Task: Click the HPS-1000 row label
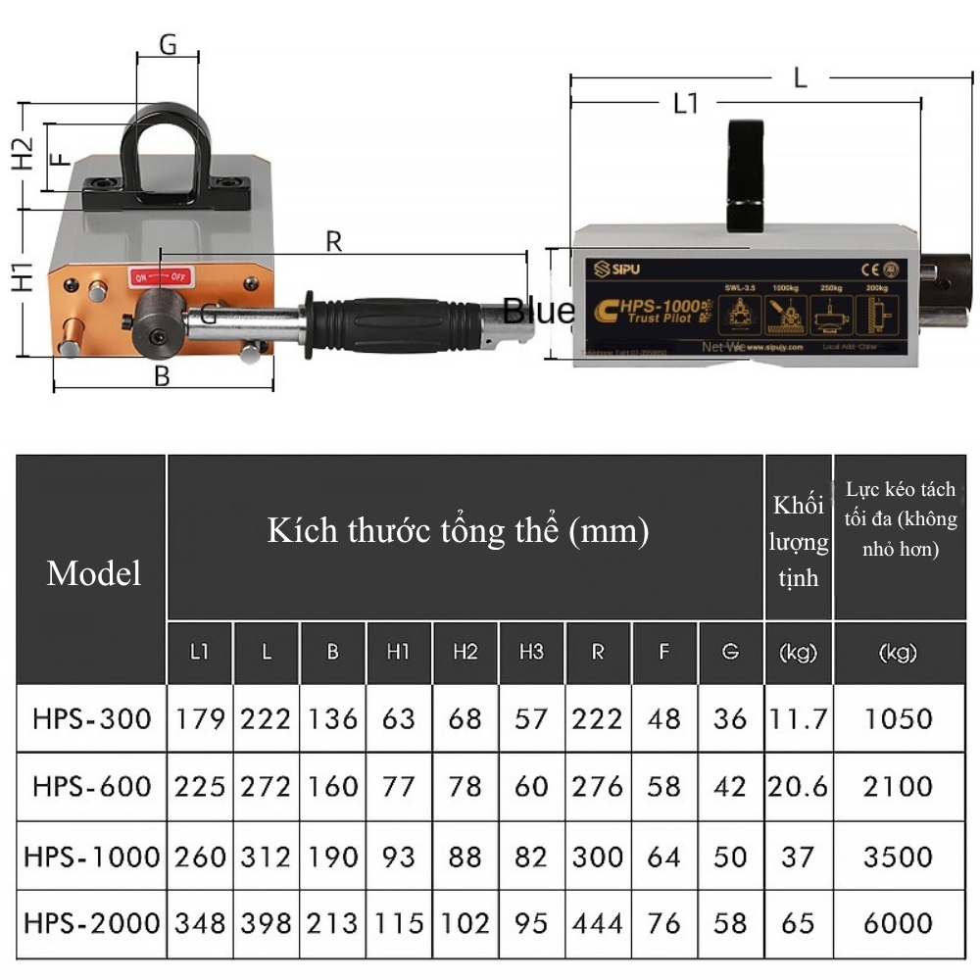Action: point(91,857)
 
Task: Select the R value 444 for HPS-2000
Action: point(598,923)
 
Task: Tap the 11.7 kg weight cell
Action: point(797,719)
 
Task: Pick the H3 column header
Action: point(531,653)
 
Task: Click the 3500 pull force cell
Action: point(898,857)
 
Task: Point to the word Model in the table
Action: point(93,573)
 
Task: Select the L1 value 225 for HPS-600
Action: point(200,787)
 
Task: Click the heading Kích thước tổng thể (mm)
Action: point(459,531)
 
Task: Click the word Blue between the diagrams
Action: point(539,311)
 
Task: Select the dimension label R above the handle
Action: point(334,241)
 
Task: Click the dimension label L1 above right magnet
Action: point(686,102)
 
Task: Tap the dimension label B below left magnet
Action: point(163,375)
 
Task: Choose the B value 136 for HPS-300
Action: point(332,719)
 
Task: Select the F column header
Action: point(663,653)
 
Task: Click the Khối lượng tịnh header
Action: point(799,541)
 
